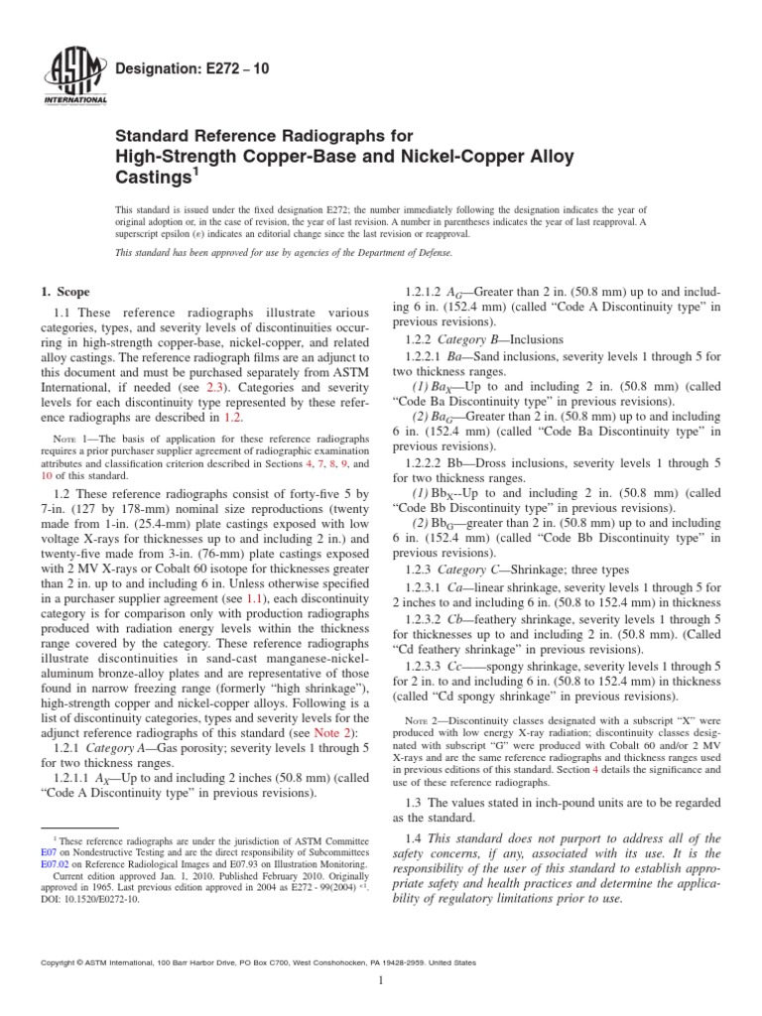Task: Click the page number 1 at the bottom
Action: click(381, 981)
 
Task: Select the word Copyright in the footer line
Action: click(59, 962)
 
